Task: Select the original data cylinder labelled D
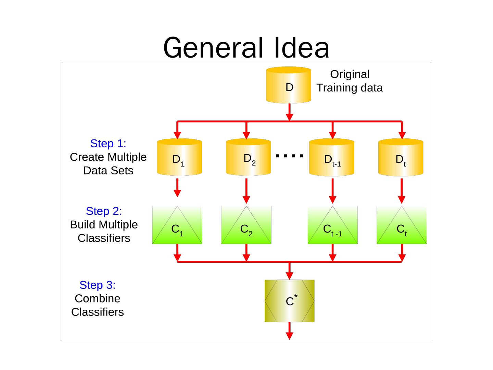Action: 289,85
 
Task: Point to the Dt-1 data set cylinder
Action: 331,158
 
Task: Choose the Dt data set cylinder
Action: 401,158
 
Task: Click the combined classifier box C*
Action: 289,301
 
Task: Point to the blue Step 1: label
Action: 108,143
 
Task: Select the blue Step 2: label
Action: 104,211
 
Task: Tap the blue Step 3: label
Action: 97,285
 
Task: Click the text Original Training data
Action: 350,81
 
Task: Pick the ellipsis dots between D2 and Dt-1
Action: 289,156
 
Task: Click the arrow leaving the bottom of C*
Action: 289,331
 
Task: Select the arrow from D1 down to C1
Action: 177,188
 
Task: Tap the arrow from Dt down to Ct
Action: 402,191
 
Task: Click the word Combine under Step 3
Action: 98,298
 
